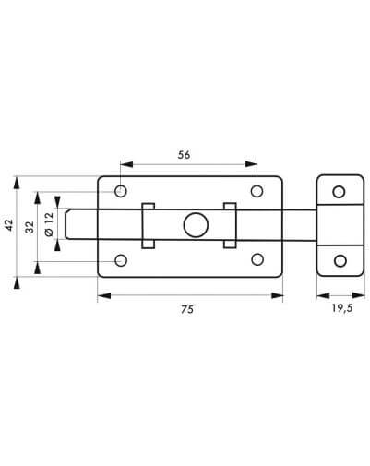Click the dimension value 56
tap(184, 155)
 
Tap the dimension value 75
tap(187, 309)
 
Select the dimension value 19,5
tap(342, 308)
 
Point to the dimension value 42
tap(9, 225)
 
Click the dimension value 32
tap(30, 227)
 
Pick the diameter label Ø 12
tap(49, 224)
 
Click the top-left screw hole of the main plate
tap(121, 191)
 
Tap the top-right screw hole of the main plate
tap(257, 191)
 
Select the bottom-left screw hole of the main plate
tap(121, 260)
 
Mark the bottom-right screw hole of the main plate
tap(257, 259)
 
